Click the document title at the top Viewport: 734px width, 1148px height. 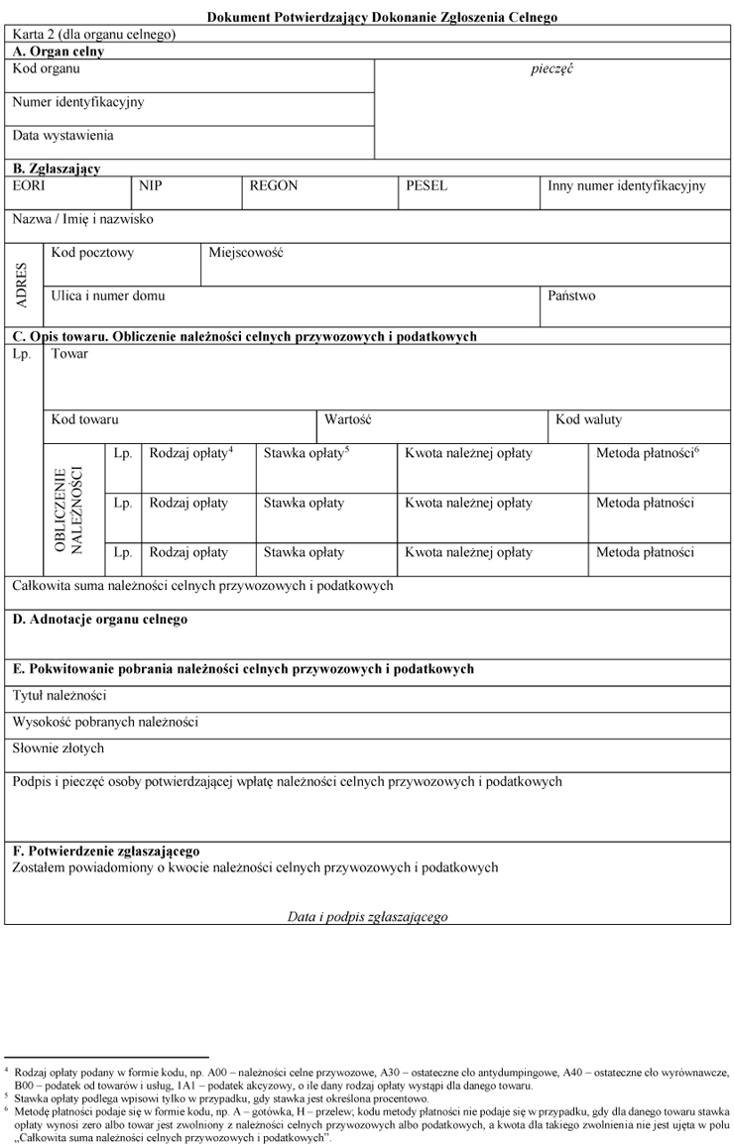pyautogui.click(x=382, y=17)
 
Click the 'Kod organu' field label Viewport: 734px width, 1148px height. pyautogui.click(x=47, y=69)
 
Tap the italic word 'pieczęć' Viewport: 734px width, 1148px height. pyautogui.click(x=552, y=69)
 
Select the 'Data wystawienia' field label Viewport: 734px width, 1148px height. pyautogui.click(x=62, y=135)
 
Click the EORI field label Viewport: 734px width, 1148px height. pyautogui.click(x=29, y=185)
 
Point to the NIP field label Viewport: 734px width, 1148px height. pyautogui.click(x=151, y=185)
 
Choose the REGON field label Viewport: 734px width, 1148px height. pyautogui.click(x=274, y=185)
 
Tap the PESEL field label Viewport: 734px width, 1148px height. pyautogui.click(x=427, y=185)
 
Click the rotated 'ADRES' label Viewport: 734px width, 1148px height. pyautogui.click(x=23, y=285)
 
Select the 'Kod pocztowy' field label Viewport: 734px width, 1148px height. pyautogui.click(x=92, y=253)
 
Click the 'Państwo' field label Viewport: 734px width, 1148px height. pyautogui.click(x=571, y=295)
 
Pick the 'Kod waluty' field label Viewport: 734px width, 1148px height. pyautogui.click(x=589, y=419)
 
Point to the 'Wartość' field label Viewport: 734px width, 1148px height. pyautogui.click(x=347, y=419)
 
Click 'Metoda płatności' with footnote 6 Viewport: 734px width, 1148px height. pyautogui.click(x=647, y=453)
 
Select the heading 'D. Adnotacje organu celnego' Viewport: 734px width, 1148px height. pyautogui.click(x=99, y=620)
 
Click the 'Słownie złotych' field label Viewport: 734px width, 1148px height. pyautogui.click(x=59, y=747)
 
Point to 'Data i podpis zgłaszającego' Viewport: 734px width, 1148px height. pyautogui.click(x=367, y=916)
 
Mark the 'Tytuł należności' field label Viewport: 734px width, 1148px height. pyautogui.click(x=60, y=696)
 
